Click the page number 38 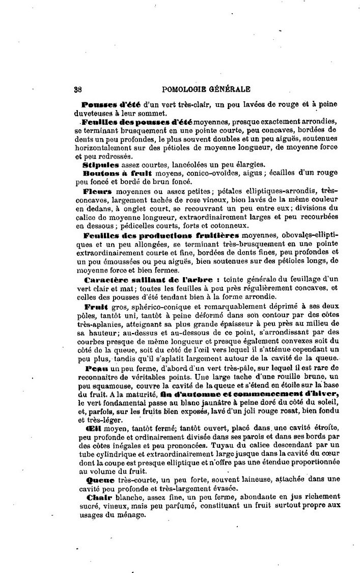[78, 89]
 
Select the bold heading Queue [97, 479]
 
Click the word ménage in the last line [130, 514]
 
